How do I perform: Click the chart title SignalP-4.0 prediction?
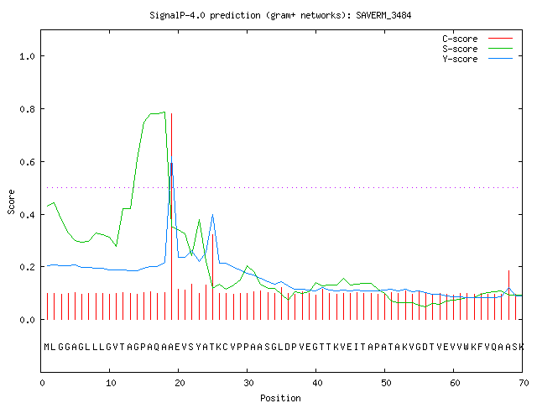(205, 15)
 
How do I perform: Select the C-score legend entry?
(477, 39)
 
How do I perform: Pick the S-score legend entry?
(477, 49)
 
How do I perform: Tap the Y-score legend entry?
(477, 59)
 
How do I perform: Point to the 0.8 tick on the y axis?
(28, 109)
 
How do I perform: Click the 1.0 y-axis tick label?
(28, 56)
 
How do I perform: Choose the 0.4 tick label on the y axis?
(28, 215)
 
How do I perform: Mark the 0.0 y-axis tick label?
(28, 320)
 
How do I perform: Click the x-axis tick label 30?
(248, 383)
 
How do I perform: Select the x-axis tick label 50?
(386, 383)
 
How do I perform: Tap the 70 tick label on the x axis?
(524, 383)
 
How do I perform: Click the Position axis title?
(280, 398)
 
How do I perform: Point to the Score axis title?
(11, 201)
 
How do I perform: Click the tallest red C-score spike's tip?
(171, 113)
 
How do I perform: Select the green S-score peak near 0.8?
(164, 112)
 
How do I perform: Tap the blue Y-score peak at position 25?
(212, 215)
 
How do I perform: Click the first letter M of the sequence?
(47, 347)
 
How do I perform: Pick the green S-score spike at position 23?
(200, 220)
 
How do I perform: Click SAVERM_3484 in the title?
(383, 15)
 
